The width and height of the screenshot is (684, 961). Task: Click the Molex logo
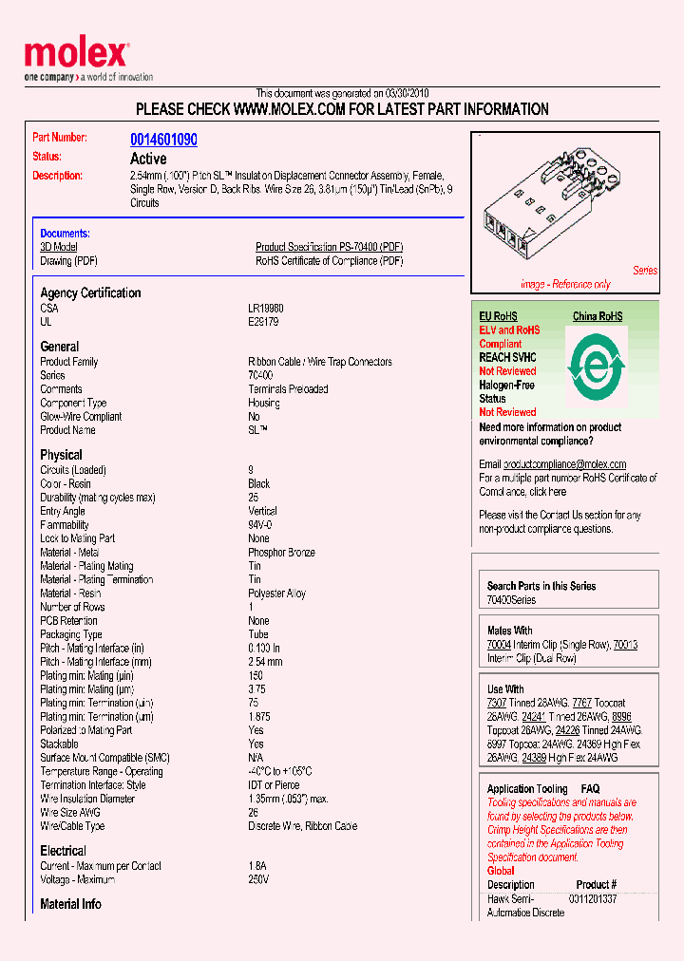[x=76, y=55]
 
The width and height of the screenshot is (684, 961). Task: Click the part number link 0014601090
[x=163, y=140]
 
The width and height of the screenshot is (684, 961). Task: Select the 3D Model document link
[x=58, y=247]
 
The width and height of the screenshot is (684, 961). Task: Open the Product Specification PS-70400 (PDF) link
[x=329, y=247]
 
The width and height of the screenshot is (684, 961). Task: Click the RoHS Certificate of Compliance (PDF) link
[x=329, y=261]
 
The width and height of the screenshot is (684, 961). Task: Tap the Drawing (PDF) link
[x=68, y=261]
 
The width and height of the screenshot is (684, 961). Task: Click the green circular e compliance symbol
[x=596, y=365]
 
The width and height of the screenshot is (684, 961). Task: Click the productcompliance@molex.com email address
[x=564, y=464]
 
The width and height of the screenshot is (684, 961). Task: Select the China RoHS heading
[x=597, y=316]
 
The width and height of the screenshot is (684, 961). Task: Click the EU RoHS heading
[x=498, y=316]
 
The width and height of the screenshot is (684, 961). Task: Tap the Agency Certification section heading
[x=90, y=293]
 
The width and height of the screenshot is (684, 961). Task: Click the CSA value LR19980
[x=265, y=309]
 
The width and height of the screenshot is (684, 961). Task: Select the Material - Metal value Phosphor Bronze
[x=281, y=553]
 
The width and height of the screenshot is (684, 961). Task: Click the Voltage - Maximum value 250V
[x=258, y=880]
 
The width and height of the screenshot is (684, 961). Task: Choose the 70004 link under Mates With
[x=499, y=645]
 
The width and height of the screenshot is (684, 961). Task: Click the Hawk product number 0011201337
[x=593, y=898]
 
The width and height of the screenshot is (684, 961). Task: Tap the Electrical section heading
[x=63, y=851]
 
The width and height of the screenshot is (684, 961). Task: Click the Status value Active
[x=147, y=159]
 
